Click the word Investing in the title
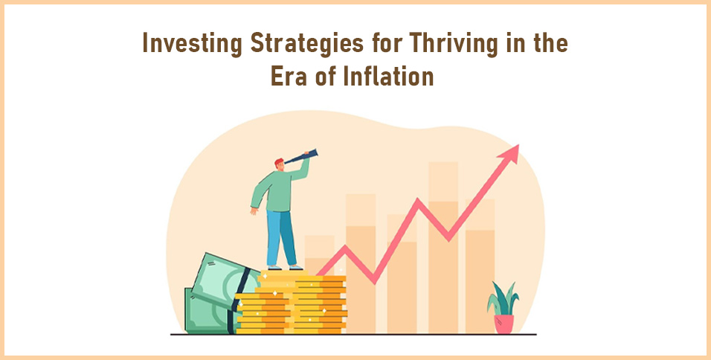pyautogui.click(x=183, y=45)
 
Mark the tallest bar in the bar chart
pyautogui.click(x=443, y=245)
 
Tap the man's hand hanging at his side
pyautogui.click(x=254, y=210)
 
